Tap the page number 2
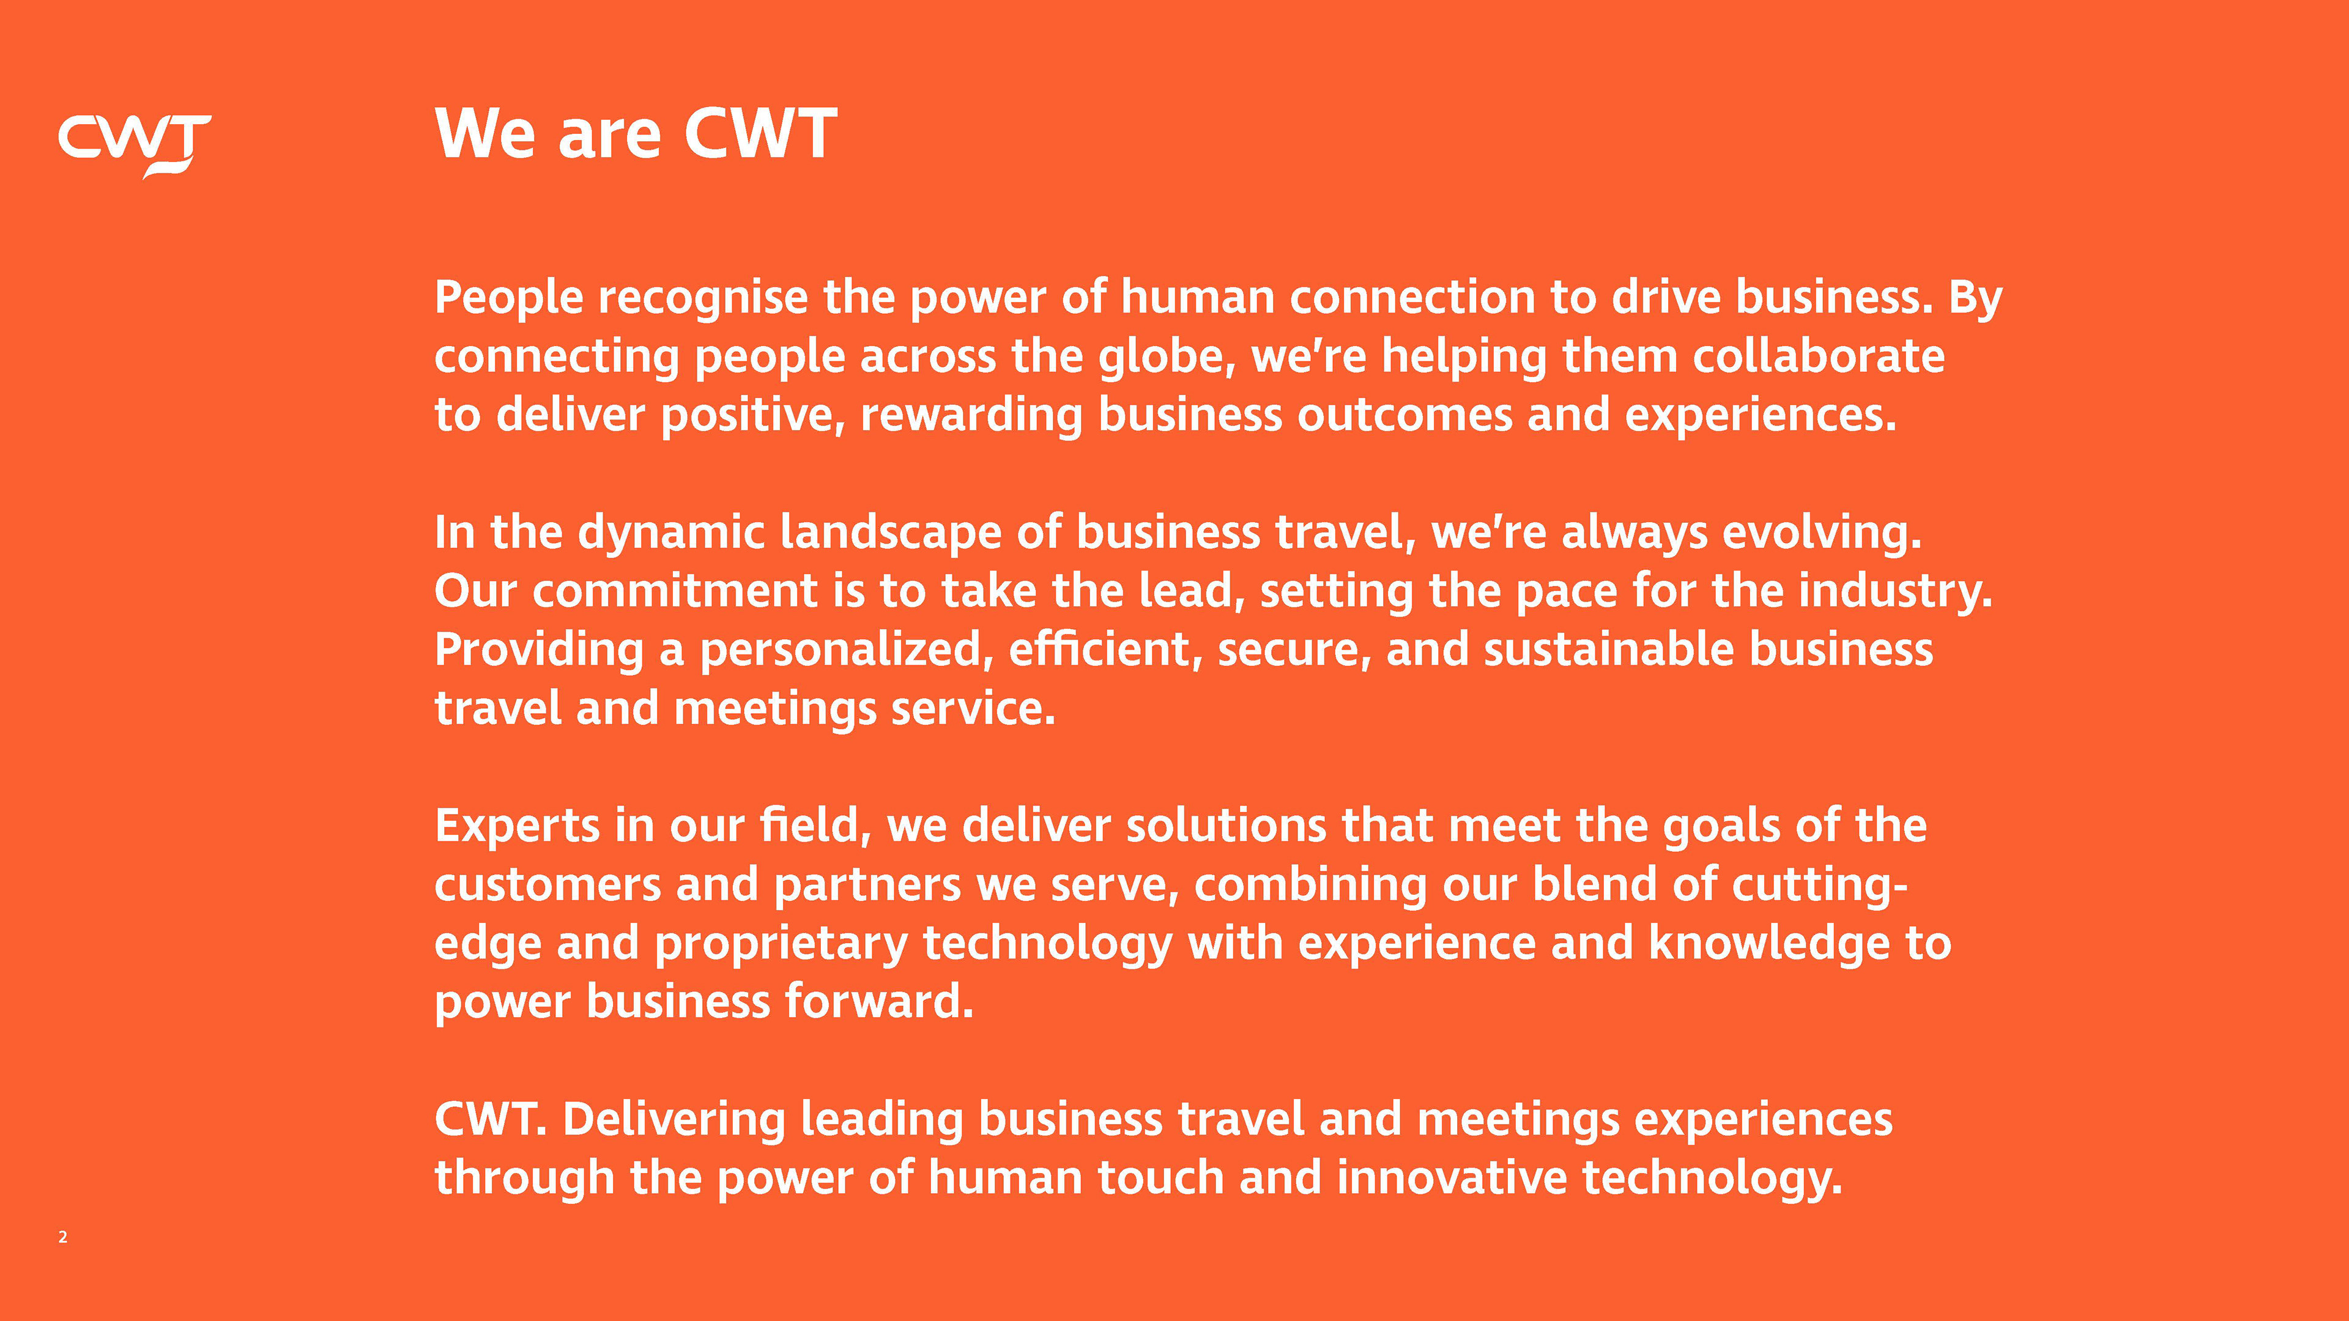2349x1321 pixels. click(x=63, y=1237)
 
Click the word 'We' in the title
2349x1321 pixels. click(x=485, y=133)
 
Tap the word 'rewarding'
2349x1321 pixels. click(x=971, y=416)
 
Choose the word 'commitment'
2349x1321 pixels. click(x=675, y=591)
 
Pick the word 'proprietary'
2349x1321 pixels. click(x=782, y=944)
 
